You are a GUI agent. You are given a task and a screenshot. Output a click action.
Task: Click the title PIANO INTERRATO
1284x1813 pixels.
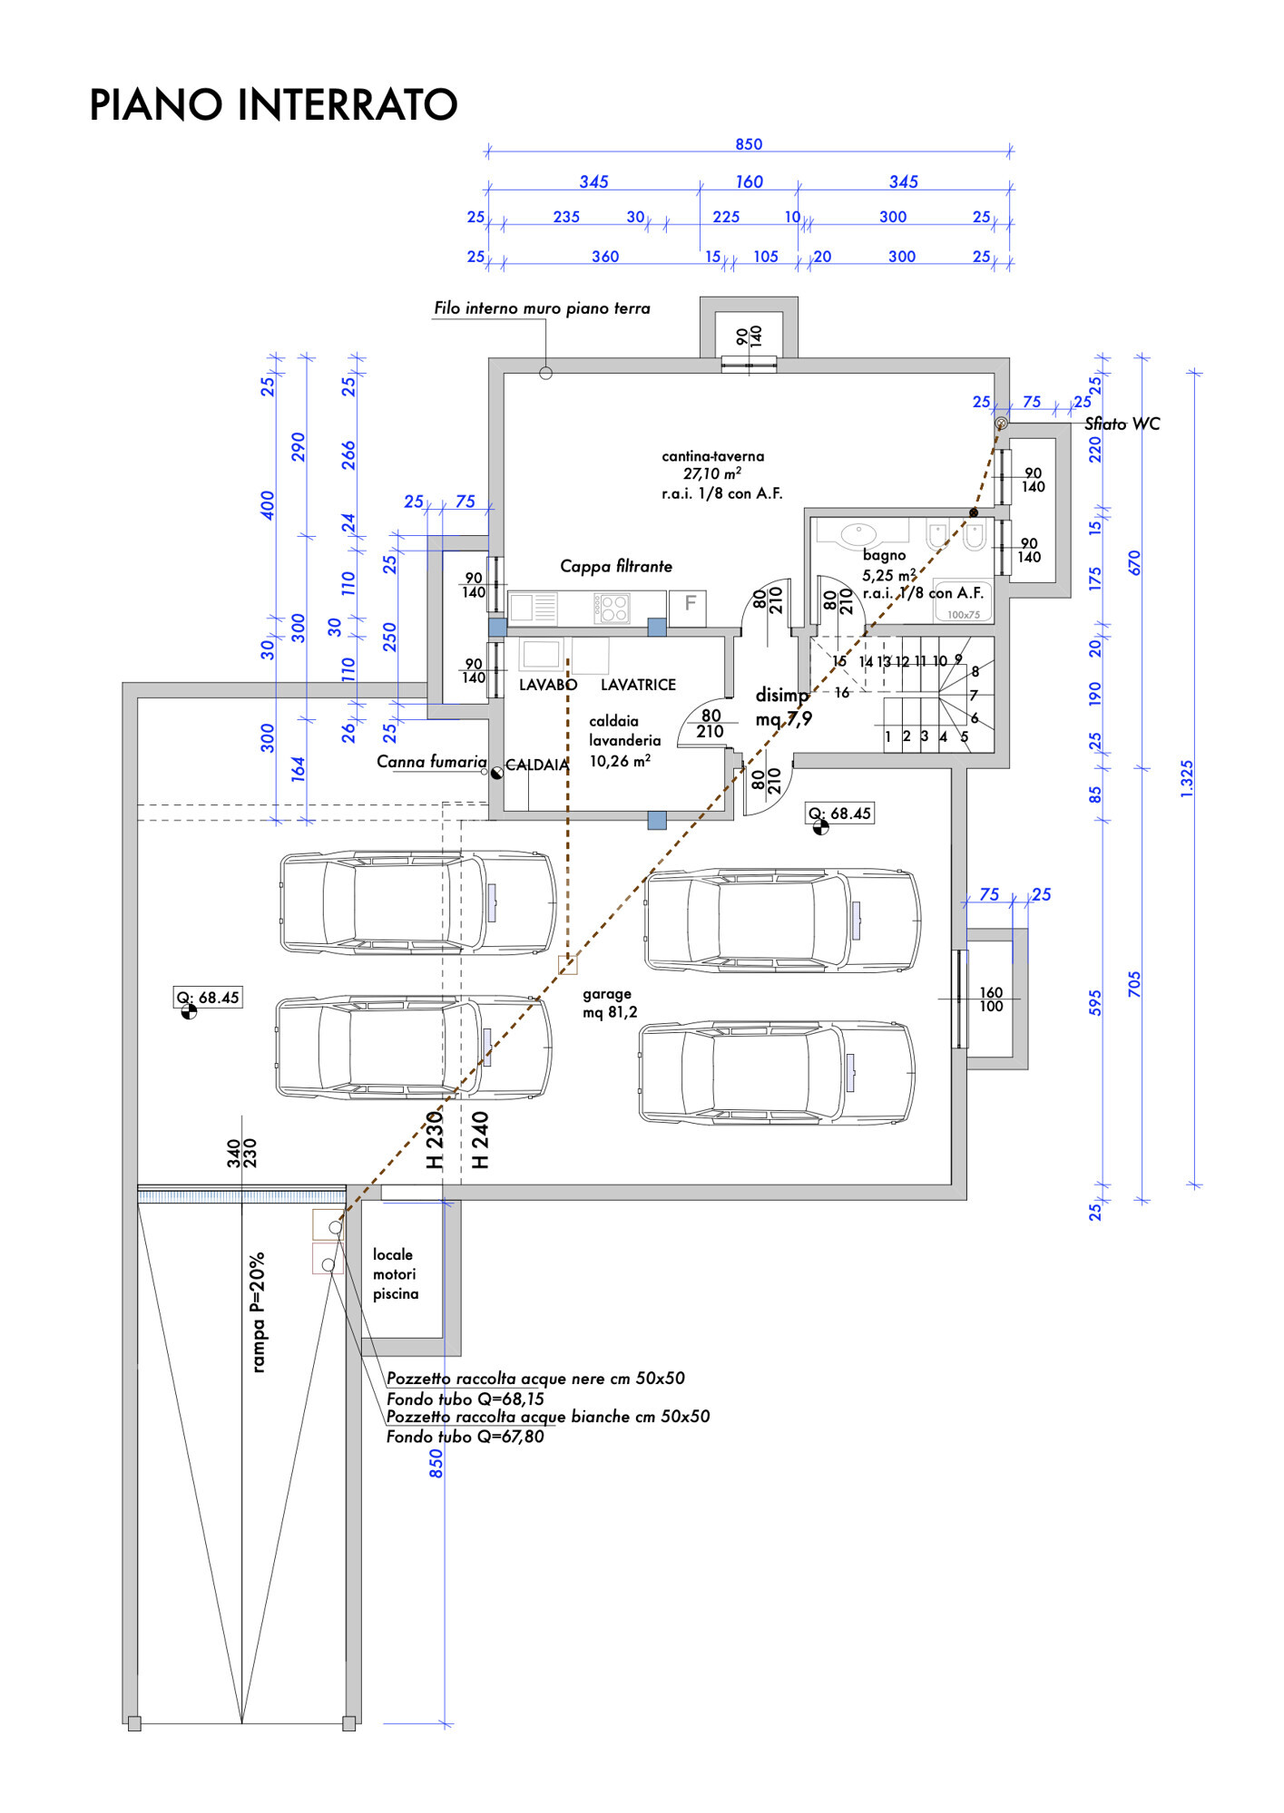(x=273, y=105)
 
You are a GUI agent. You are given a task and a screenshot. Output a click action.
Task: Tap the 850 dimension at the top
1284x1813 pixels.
(x=749, y=144)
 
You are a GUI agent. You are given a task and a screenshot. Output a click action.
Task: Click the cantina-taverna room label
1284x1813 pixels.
(x=713, y=456)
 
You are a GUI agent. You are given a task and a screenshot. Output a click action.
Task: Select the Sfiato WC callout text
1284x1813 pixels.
(x=1122, y=424)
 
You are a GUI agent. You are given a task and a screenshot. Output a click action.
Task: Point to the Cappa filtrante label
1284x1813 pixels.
(x=616, y=566)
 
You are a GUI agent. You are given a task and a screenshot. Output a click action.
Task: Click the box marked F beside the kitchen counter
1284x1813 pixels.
(x=690, y=603)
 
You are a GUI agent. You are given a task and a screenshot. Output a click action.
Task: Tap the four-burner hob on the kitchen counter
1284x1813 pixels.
(x=613, y=608)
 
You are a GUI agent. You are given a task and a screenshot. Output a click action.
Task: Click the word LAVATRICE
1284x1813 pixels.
(x=638, y=685)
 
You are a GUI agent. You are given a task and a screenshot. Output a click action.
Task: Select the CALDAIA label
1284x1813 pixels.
(x=536, y=765)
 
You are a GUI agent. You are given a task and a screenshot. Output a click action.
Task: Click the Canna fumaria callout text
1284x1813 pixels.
(x=431, y=762)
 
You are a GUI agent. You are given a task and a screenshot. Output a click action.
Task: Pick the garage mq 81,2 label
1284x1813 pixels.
(x=609, y=1003)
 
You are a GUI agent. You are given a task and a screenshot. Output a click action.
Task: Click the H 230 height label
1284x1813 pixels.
(x=436, y=1140)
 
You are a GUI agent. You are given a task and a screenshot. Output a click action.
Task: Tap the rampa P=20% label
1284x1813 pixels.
(x=259, y=1311)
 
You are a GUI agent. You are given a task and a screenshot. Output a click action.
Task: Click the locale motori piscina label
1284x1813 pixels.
(x=395, y=1273)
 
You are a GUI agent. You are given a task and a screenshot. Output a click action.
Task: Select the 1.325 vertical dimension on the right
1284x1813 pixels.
(x=1187, y=778)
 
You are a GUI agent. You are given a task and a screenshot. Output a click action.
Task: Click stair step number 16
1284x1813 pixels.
(x=842, y=693)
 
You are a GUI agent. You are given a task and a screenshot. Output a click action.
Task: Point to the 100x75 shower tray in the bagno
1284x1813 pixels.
(x=963, y=614)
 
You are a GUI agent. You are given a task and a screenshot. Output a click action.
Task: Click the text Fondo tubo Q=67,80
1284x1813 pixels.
(x=465, y=1437)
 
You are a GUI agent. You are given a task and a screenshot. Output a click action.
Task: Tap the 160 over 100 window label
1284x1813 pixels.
(x=991, y=999)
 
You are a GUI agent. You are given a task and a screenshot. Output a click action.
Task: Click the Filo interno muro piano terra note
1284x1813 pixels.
(x=542, y=308)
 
